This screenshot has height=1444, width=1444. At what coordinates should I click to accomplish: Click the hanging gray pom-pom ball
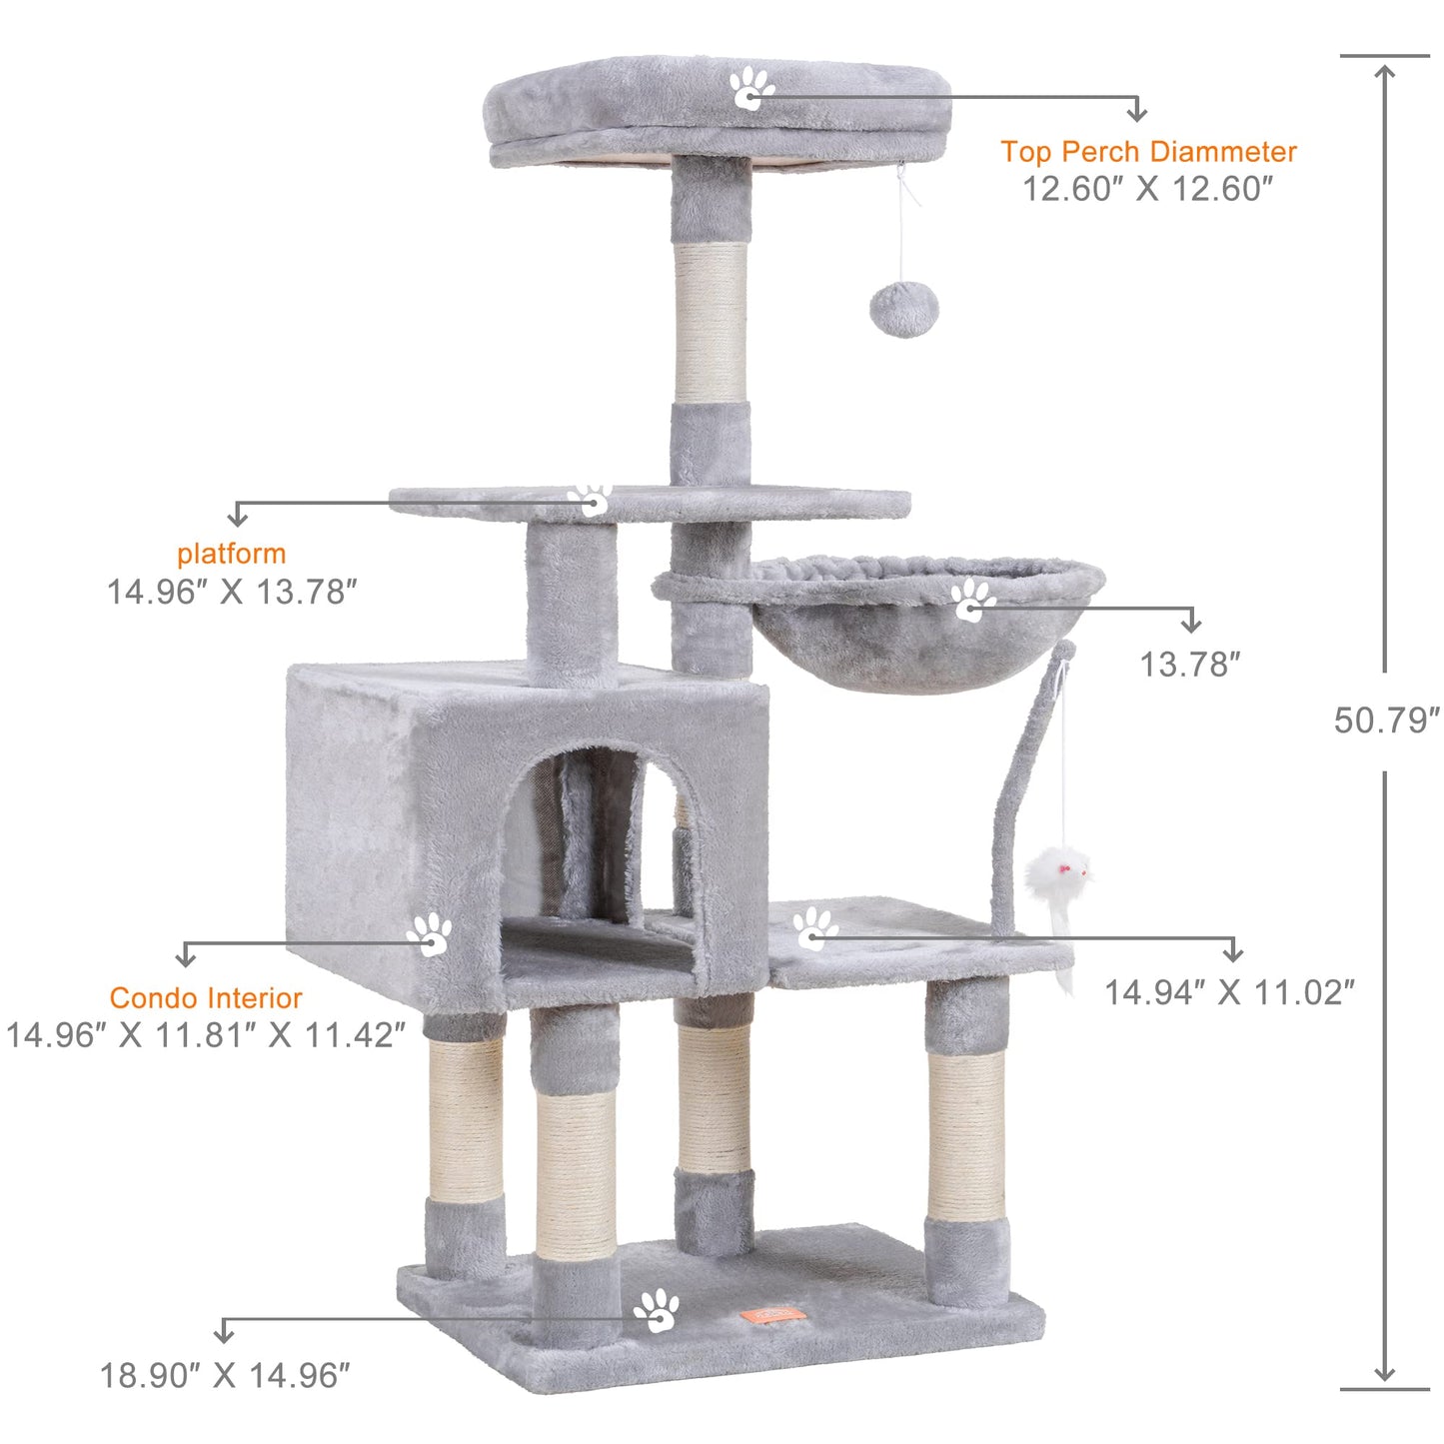pyautogui.click(x=903, y=309)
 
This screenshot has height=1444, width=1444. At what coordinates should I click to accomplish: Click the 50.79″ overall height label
pyautogui.click(x=1386, y=721)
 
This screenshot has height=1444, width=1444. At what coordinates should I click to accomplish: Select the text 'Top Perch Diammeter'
pyautogui.click(x=1148, y=152)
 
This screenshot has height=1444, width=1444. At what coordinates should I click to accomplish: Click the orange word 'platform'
pyautogui.click(x=232, y=554)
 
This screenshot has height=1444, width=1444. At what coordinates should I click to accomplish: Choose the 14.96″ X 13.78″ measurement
pyautogui.click(x=232, y=592)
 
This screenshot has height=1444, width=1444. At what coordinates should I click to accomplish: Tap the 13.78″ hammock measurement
pyautogui.click(x=1189, y=665)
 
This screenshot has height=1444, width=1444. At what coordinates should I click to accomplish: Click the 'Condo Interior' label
pyautogui.click(x=206, y=998)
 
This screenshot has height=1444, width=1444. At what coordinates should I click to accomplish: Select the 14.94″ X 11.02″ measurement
pyautogui.click(x=1229, y=992)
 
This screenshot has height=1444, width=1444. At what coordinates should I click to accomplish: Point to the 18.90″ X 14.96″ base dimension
pyautogui.click(x=225, y=1376)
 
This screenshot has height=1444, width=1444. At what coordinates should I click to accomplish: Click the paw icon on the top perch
pyautogui.click(x=750, y=88)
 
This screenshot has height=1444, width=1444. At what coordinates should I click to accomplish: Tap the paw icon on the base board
pyautogui.click(x=657, y=1309)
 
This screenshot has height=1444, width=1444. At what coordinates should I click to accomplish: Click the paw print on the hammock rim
pyautogui.click(x=971, y=600)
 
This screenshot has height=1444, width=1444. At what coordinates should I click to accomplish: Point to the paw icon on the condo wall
pyautogui.click(x=430, y=934)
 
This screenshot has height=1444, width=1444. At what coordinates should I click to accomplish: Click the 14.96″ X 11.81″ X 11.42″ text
pyautogui.click(x=206, y=1035)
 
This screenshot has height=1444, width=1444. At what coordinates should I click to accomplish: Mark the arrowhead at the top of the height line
pyautogui.click(x=1384, y=73)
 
